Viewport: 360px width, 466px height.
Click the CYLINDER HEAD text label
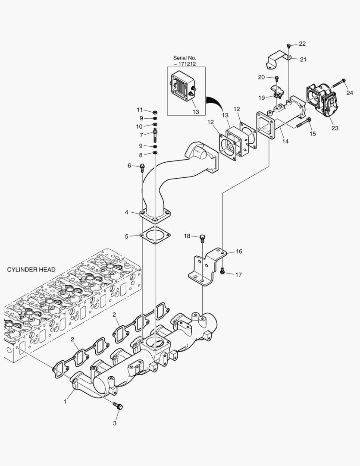tap(31, 270)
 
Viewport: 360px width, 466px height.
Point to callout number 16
tap(239, 251)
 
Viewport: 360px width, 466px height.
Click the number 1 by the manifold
tap(65, 401)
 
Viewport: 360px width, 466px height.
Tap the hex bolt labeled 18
tap(203, 237)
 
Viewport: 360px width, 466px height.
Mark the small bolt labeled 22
tap(289, 45)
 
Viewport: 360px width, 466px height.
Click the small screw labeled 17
tap(222, 271)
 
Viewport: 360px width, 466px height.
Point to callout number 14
tap(285, 141)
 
